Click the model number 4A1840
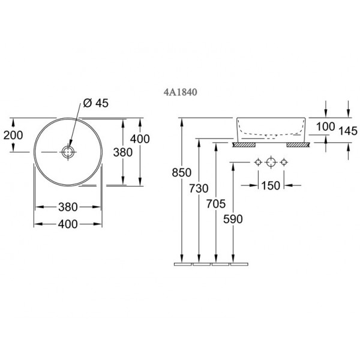(x=180, y=92)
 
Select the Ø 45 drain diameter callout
(x=96, y=103)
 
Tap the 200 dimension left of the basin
(x=13, y=135)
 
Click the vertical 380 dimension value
(x=123, y=152)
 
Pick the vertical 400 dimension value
(x=140, y=139)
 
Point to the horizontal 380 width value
(x=68, y=207)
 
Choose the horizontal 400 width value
(x=68, y=224)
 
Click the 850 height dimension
(x=182, y=172)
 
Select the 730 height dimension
(x=199, y=188)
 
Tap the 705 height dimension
(x=216, y=203)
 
